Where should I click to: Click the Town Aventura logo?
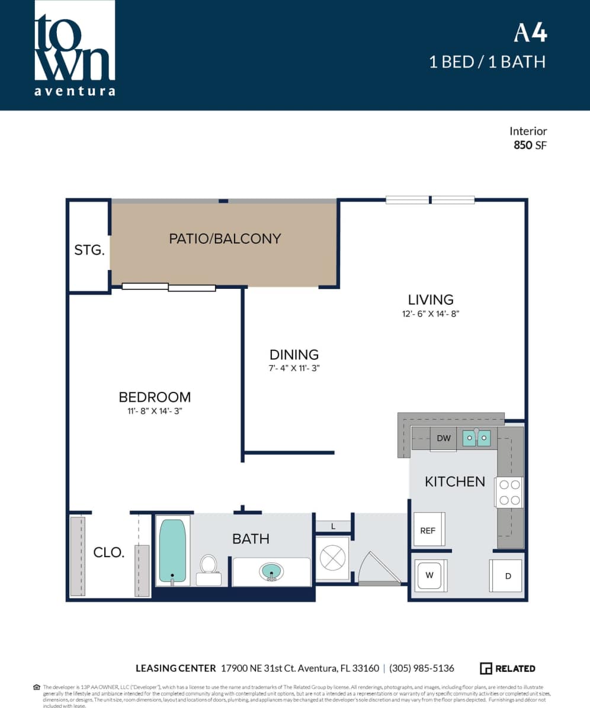75,49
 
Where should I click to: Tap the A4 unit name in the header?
530,33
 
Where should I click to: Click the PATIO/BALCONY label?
225,239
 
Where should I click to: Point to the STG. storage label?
89,250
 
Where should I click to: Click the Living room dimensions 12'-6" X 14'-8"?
431,314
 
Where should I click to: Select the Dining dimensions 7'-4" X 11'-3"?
294,368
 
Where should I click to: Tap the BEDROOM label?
155,397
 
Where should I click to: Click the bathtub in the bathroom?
172,551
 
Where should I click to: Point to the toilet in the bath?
209,569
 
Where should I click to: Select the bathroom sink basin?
271,572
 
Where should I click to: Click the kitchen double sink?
476,438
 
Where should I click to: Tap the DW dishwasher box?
444,439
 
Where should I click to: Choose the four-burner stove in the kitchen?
509,493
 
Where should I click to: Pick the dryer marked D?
506,575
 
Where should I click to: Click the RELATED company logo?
508,668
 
